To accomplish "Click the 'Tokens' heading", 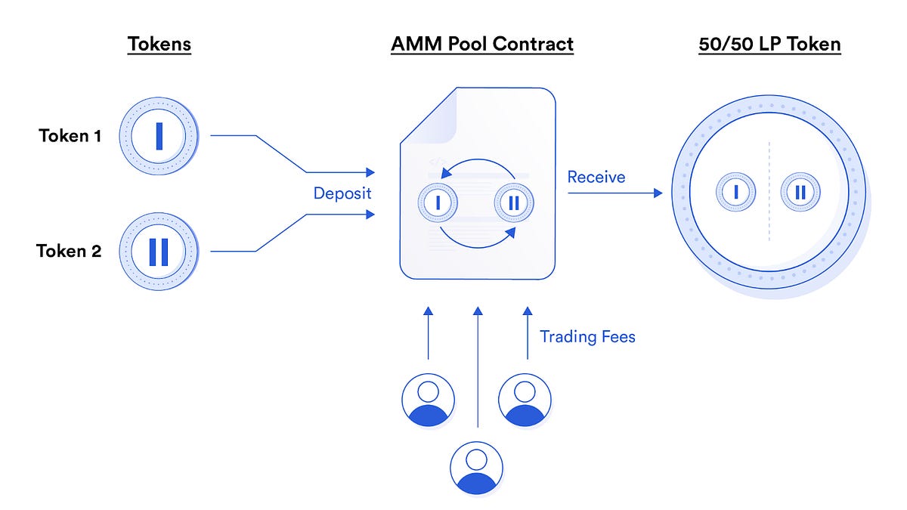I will point(159,44).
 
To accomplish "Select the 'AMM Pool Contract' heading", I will point(481,44).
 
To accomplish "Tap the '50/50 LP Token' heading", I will point(770,44).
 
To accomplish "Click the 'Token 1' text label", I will point(70,137).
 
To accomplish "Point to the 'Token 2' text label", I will point(69,252).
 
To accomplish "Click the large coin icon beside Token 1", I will point(159,137).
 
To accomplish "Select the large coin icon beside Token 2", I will point(159,252).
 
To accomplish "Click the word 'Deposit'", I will point(342,193).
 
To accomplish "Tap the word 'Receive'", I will point(596,177).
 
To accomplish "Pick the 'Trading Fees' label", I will point(587,337).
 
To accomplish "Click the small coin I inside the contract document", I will point(437,202).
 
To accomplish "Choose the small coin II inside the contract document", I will point(514,202).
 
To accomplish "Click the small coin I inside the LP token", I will point(735,192).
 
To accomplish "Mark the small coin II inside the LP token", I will point(800,192).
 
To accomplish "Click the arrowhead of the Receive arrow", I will point(658,193).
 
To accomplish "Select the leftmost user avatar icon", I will point(428,400).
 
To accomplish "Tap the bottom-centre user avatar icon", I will point(476,468).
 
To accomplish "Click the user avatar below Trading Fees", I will point(525,400).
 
